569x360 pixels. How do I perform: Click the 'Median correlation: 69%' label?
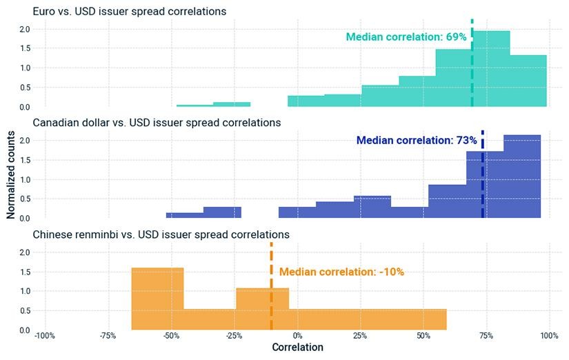pyautogui.click(x=406, y=37)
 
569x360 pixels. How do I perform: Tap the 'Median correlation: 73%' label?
pyautogui.click(x=417, y=140)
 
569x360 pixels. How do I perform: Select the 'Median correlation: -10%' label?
pyautogui.click(x=341, y=272)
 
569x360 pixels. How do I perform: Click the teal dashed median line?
pyautogui.click(x=472, y=63)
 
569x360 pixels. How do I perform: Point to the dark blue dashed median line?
pyautogui.click(x=483, y=174)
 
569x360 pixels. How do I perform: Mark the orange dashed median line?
pyautogui.click(x=272, y=286)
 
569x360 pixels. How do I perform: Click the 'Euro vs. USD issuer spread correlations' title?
pyautogui.click(x=130, y=11)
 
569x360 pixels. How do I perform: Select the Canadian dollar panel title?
pyautogui.click(x=157, y=123)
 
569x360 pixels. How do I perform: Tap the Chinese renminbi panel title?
pyautogui.click(x=161, y=234)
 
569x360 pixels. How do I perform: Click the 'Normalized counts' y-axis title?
pyautogui.click(x=10, y=174)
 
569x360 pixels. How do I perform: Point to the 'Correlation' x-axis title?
pyautogui.click(x=297, y=348)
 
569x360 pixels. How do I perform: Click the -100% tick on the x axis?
pyautogui.click(x=45, y=336)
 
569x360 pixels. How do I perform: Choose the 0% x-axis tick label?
pyautogui.click(x=297, y=336)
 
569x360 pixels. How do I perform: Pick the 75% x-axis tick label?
pyautogui.click(x=486, y=336)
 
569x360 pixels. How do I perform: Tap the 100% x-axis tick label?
pyautogui.click(x=550, y=336)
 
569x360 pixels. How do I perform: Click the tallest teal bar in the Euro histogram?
pyautogui.click(x=491, y=69)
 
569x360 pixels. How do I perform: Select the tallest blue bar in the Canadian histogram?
pyautogui.click(x=522, y=177)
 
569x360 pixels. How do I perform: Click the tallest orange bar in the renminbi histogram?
pyautogui.click(x=157, y=299)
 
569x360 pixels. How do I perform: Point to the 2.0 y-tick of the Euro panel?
pyautogui.click(x=25, y=29)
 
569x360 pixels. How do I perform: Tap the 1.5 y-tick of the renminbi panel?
pyautogui.click(x=25, y=272)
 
